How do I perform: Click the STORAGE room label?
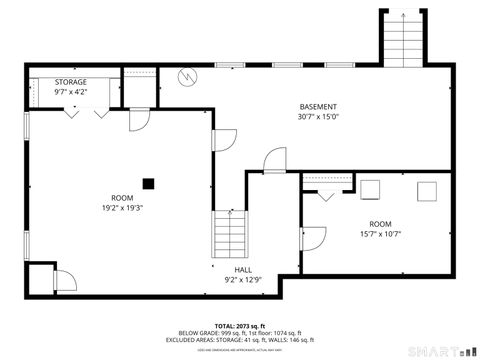pos(70,82)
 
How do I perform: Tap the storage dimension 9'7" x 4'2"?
pos(70,92)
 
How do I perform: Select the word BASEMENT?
pos(318,107)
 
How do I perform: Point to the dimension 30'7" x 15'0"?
pos(318,117)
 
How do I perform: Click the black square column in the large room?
pos(148,182)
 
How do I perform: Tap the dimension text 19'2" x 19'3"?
pos(122,208)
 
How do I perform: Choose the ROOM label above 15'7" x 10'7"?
pos(380,224)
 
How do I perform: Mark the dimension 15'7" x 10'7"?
pos(380,235)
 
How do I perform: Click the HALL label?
pos(243,270)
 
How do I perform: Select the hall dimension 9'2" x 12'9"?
pos(243,280)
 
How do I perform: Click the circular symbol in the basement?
pos(185,76)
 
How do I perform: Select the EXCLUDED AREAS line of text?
pos(239,340)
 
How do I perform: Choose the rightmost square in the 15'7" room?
pos(429,190)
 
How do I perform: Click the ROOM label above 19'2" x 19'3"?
pos(122,198)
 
